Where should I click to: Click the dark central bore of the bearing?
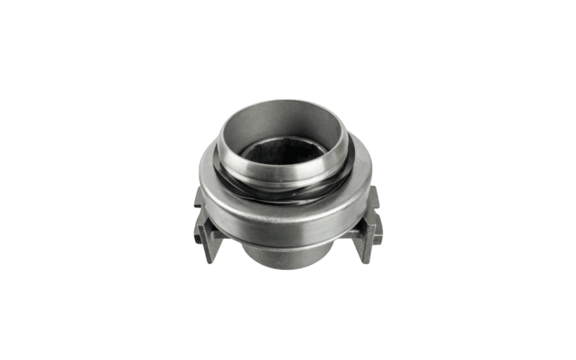287,153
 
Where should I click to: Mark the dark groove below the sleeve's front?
288,189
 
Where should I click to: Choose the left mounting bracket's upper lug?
199,196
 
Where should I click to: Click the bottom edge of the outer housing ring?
288,243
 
